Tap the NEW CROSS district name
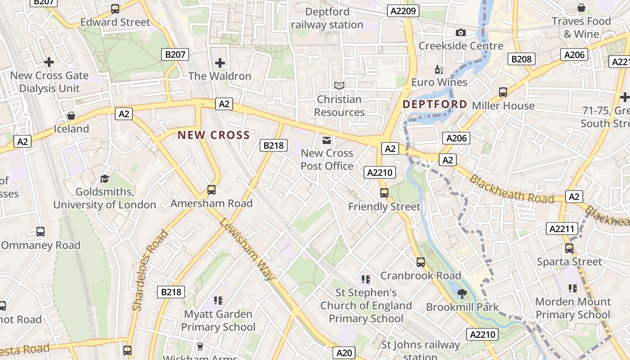[x=214, y=135]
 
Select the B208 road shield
[x=522, y=58]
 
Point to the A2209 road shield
[x=403, y=11]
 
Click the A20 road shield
[x=344, y=353]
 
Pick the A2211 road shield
[x=562, y=229]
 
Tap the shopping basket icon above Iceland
[x=71, y=116]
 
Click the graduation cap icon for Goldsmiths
[x=104, y=179]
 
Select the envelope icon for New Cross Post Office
[x=327, y=140]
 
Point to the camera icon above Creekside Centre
[x=460, y=32]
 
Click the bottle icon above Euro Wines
[x=439, y=69]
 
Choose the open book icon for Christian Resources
[x=339, y=85]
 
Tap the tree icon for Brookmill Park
[x=462, y=294]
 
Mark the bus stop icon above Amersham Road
[x=211, y=190]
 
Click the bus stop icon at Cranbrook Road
[x=421, y=262]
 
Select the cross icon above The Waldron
[x=220, y=63]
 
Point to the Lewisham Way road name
[x=247, y=249]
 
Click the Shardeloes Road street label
[x=150, y=270]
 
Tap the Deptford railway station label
[x=327, y=18]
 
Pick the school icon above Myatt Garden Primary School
[x=218, y=300]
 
